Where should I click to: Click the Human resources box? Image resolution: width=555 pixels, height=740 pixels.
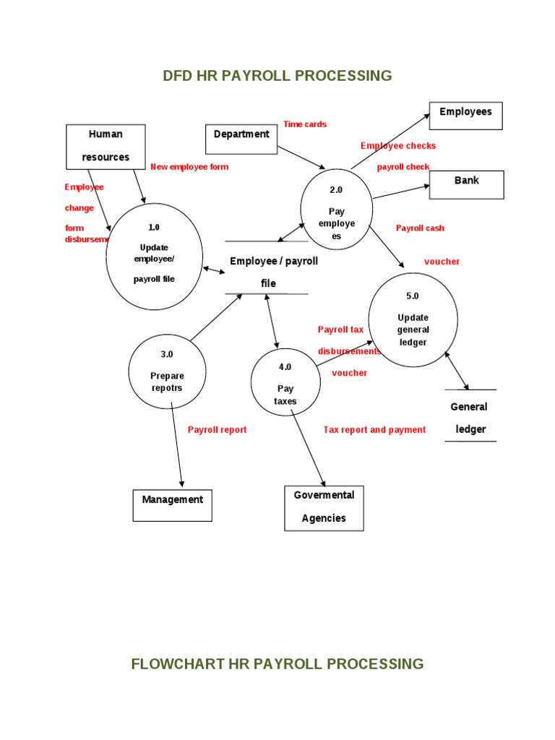click(106, 147)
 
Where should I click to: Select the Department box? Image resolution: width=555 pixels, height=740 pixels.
click(241, 139)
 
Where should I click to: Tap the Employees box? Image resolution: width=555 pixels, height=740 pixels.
click(465, 116)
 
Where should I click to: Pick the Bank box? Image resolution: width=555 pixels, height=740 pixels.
click(466, 184)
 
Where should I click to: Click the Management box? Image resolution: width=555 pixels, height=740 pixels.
click(172, 505)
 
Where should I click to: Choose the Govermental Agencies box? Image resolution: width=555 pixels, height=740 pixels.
click(324, 508)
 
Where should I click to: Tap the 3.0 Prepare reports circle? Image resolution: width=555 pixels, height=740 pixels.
click(167, 371)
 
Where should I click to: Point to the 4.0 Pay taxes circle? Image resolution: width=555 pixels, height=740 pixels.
click(285, 383)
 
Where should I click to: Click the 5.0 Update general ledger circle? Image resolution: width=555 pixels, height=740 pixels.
click(413, 319)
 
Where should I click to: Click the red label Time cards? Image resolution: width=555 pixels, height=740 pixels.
click(305, 124)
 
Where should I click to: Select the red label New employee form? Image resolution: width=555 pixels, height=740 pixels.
click(189, 167)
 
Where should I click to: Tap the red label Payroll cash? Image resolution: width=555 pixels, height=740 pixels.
click(420, 228)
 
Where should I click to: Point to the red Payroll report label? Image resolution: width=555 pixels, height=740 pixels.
click(217, 430)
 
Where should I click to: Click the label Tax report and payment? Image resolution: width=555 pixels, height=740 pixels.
click(374, 430)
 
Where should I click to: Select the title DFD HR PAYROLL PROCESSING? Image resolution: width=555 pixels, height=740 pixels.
click(277, 75)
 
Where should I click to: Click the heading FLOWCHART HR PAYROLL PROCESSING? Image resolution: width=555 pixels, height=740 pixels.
click(277, 663)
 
